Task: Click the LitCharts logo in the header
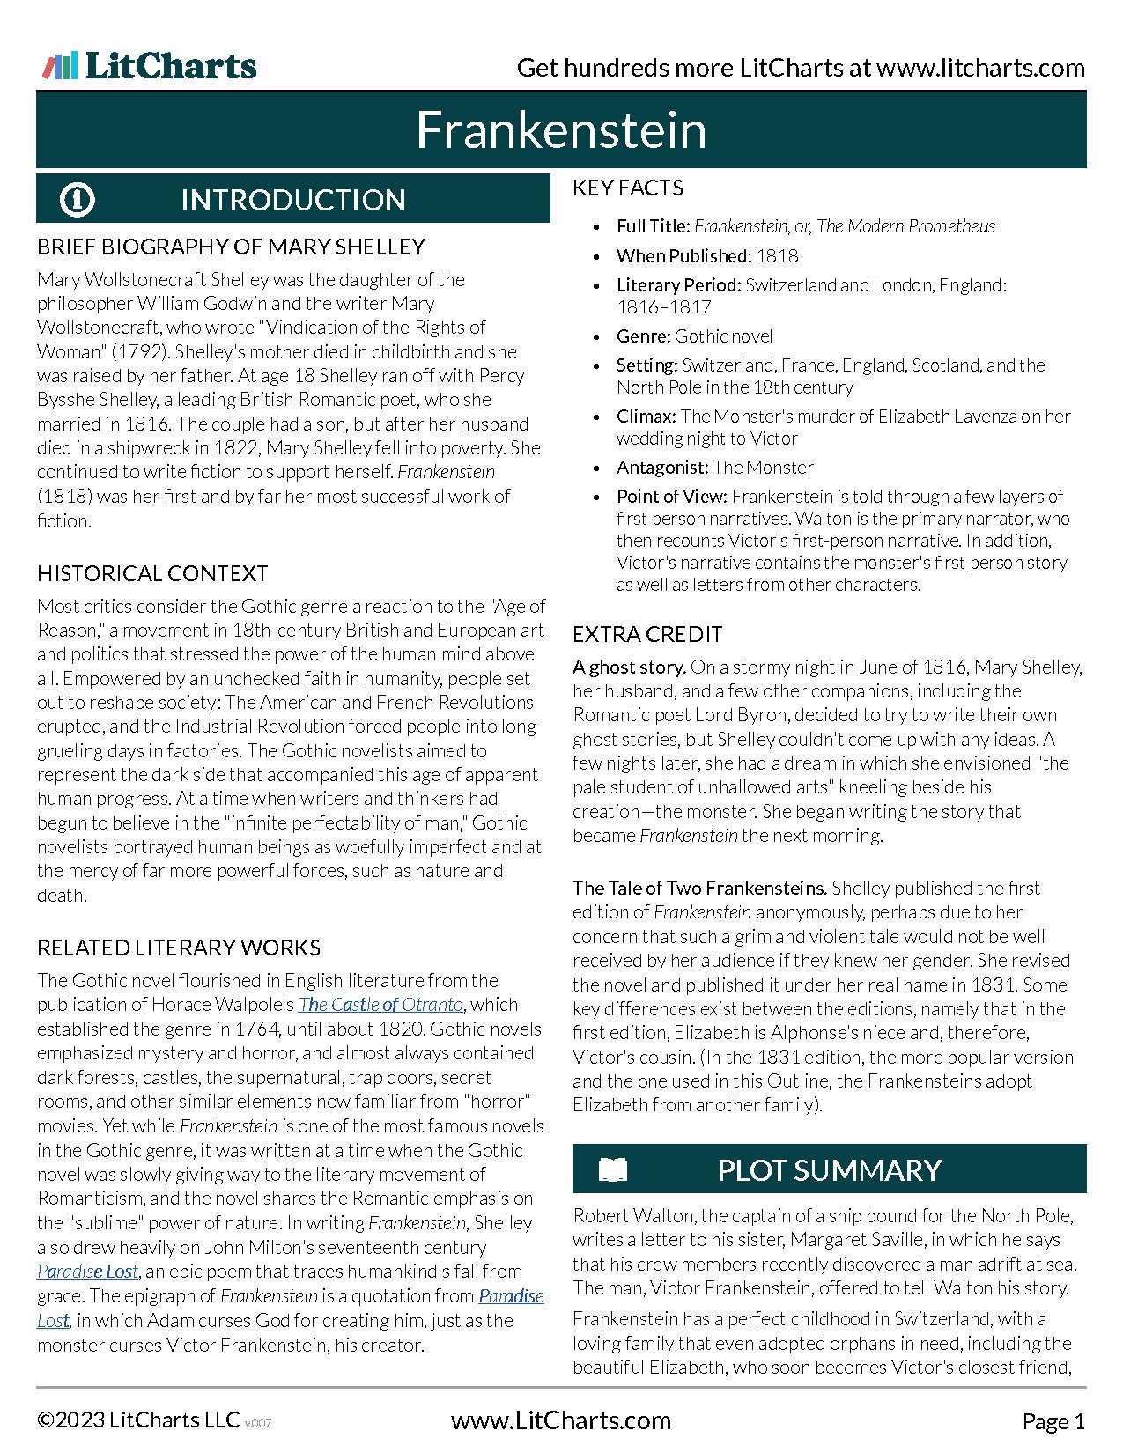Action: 150,66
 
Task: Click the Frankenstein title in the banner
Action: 561,130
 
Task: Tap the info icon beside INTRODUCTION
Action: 77,199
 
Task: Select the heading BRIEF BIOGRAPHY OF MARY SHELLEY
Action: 231,247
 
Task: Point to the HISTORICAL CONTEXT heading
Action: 152,573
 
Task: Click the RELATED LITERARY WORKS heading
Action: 179,948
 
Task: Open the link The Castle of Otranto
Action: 380,1005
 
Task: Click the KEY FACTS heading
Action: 628,188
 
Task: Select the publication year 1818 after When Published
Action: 778,256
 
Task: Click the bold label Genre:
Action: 644,336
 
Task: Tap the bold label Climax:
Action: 646,417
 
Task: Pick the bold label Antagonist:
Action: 662,468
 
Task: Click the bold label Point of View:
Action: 672,497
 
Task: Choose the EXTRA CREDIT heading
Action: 647,634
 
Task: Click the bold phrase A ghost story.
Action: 629,667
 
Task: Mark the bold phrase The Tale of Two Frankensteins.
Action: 700,889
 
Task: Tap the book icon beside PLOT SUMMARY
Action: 613,1169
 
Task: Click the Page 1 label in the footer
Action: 1053,1421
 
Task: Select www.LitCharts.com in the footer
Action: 561,1420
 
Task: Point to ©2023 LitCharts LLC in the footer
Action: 138,1420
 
